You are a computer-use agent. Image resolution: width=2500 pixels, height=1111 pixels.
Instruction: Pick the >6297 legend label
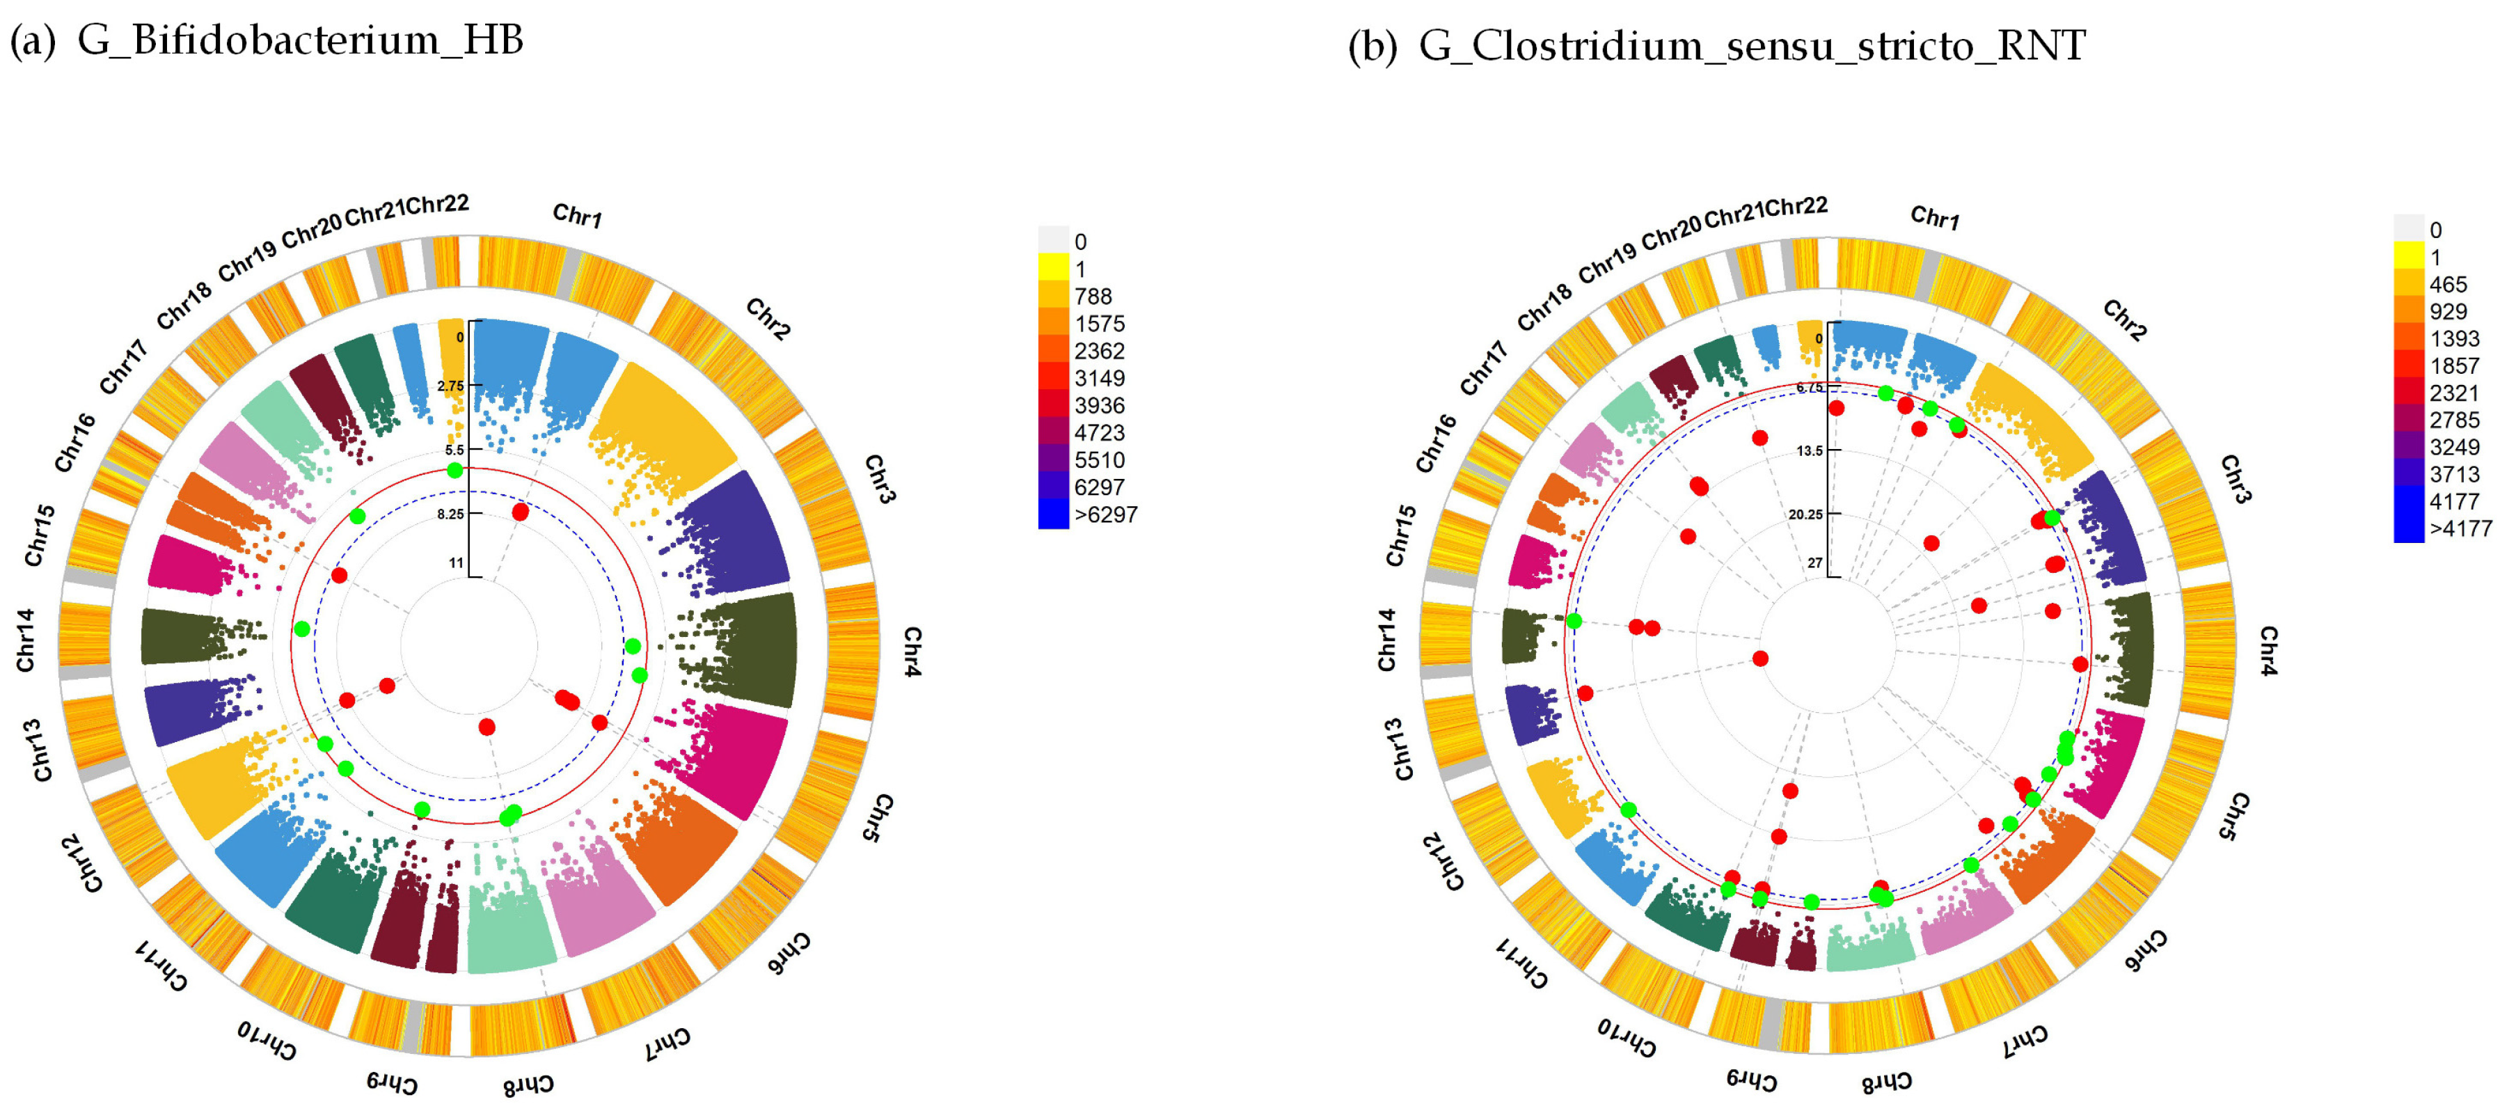point(1105,514)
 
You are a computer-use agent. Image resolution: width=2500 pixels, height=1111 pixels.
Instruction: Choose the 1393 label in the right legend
point(2453,338)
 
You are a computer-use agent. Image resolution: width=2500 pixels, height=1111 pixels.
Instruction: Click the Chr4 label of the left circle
point(912,651)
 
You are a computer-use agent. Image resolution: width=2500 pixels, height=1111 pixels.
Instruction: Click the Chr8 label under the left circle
point(529,1085)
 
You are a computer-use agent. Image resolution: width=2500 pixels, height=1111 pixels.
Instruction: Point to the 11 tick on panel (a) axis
point(456,562)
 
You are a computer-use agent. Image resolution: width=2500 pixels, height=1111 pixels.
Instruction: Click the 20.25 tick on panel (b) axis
point(1805,514)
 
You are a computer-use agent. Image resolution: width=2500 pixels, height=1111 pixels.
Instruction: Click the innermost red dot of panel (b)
point(1759,659)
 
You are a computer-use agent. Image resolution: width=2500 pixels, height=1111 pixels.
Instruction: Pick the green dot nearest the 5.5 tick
point(454,471)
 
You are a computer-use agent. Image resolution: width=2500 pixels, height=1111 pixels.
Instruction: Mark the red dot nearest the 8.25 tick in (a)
point(520,512)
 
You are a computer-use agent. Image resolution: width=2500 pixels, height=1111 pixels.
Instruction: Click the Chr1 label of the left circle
point(578,215)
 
